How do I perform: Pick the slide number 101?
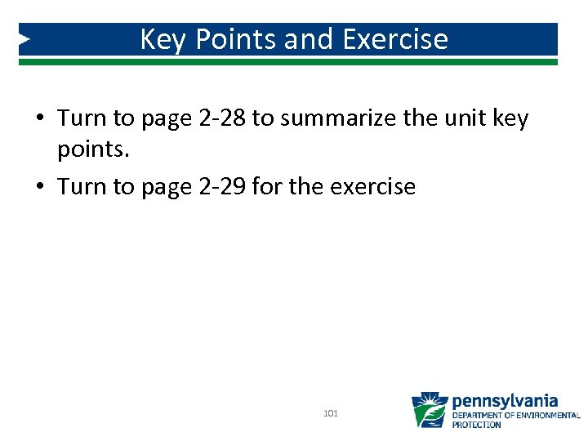331,414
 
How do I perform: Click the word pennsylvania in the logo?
505,401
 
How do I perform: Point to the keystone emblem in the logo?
430,410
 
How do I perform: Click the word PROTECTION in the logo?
477,425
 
